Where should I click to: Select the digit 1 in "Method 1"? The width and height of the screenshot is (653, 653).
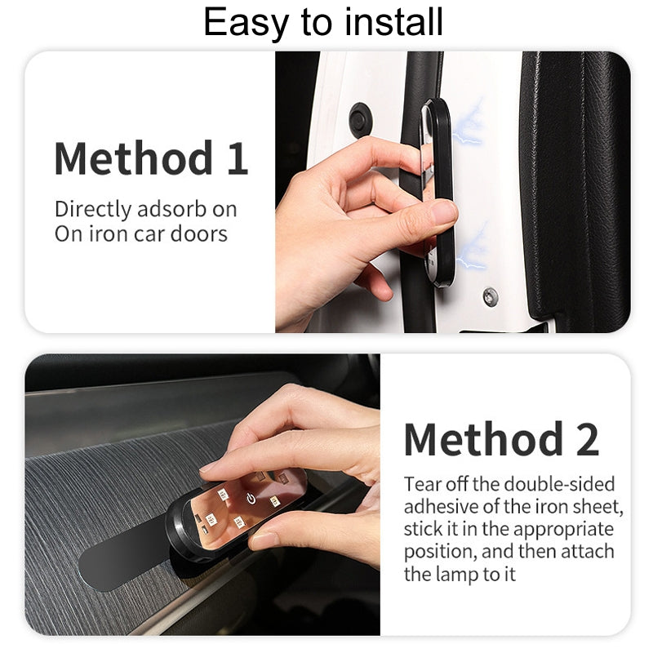coord(238,158)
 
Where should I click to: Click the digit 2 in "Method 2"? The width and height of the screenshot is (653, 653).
coord(588,439)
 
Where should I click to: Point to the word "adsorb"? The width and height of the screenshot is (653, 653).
coord(171,209)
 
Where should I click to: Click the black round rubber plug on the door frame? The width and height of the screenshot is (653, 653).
coord(359,120)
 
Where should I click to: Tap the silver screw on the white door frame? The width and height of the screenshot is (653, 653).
coord(491,297)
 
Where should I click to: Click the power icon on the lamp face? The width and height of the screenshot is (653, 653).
coord(251,498)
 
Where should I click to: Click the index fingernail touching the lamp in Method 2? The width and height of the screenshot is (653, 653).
coord(211,466)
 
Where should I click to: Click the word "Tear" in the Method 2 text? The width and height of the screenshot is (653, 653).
coord(422,484)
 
